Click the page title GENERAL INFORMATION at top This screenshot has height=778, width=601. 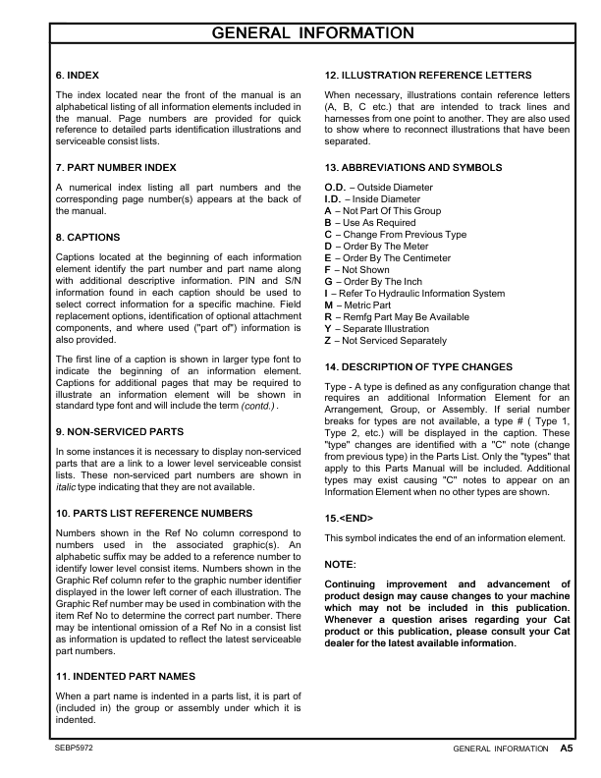[300, 34]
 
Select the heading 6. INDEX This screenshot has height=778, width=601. [77, 76]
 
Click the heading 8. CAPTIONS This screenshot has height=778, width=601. [88, 238]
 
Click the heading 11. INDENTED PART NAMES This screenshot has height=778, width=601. [125, 677]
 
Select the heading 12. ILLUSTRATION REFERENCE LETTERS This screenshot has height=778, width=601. [428, 76]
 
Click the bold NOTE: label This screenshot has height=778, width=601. [341, 564]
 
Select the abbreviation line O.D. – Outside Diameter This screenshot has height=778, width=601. [378, 187]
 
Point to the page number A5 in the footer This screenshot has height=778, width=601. [567, 748]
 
